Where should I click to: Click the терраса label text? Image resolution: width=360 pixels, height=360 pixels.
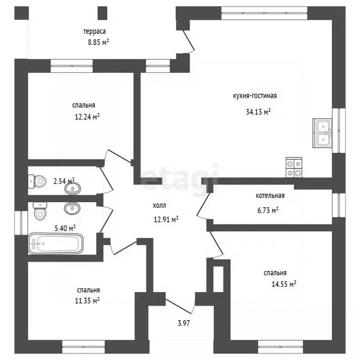point(94,32)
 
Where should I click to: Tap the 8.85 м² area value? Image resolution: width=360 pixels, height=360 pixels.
point(98,42)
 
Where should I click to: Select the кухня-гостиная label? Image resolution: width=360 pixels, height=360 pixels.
point(255,96)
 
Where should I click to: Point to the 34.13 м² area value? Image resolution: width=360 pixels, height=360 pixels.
point(258,112)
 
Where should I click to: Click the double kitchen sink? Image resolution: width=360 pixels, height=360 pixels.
point(322,133)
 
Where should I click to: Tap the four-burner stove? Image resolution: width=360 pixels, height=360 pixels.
point(294,167)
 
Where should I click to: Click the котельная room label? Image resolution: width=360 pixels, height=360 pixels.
point(270,195)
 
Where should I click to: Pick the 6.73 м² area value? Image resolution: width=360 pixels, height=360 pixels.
point(268,210)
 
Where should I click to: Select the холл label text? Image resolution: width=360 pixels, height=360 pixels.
point(159,205)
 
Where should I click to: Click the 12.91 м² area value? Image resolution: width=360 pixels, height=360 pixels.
point(166,220)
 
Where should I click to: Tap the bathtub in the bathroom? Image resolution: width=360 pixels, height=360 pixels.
point(56,244)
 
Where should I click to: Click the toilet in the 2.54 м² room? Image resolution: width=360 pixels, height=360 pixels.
point(37,181)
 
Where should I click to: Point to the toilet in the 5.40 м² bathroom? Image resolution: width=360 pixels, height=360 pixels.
point(40,210)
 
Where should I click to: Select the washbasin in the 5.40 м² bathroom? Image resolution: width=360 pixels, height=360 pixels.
point(72,209)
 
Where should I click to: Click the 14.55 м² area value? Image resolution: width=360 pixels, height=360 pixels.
point(284,284)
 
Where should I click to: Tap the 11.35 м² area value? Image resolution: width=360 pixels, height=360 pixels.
point(87,300)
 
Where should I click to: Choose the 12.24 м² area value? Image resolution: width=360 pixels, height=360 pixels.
point(87,117)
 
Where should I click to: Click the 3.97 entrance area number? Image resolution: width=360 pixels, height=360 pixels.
point(184,323)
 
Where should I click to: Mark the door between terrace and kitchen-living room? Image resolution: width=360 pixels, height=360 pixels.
point(189,41)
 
